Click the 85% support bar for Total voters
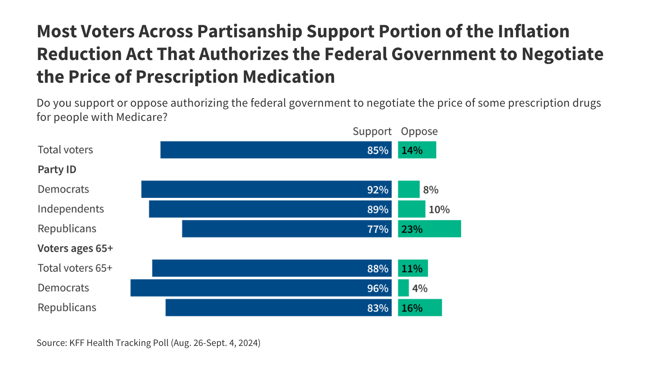(276, 150)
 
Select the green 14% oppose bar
(417, 150)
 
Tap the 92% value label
(378, 190)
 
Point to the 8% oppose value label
(431, 190)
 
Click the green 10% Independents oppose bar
(412, 209)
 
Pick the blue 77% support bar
(287, 229)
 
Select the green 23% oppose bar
(430, 229)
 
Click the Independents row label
(71, 209)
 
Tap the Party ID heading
(57, 170)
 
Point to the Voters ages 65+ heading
(75, 248)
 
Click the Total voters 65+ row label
(75, 268)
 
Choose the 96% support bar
(261, 288)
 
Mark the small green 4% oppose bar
(403, 288)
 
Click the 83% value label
(378, 308)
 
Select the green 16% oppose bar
(420, 307)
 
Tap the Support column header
(372, 131)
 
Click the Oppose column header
(419, 131)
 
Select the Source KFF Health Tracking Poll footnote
(148, 343)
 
